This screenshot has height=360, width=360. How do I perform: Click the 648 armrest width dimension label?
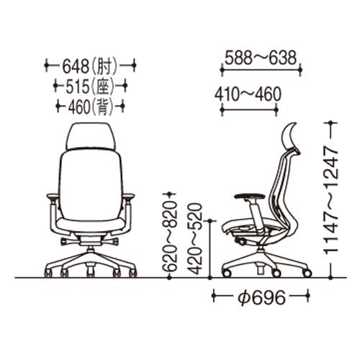tap(90, 66)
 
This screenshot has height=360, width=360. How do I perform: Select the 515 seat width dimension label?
tap(90, 86)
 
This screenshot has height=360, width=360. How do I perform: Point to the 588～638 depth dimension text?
tap(261, 58)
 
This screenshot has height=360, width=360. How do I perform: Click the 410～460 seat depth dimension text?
tap(248, 94)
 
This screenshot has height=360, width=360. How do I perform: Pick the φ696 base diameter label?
tap(261, 297)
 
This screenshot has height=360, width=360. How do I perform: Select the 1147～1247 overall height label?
tap(331, 200)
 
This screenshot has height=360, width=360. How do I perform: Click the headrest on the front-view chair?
tap(91, 136)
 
